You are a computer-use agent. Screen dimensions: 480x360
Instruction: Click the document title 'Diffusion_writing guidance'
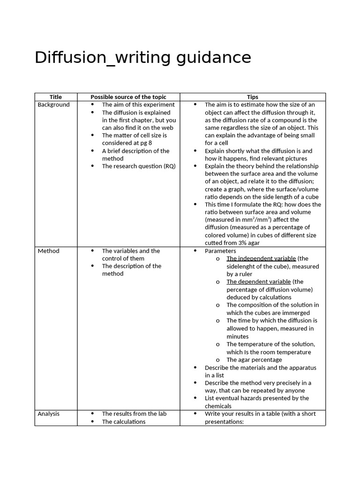pos(143,58)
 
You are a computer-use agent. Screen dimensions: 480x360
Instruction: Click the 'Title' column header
pos(56,97)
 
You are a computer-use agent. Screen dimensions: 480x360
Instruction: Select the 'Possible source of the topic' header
pos(128,97)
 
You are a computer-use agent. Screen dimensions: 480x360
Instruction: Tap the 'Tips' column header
pos(253,97)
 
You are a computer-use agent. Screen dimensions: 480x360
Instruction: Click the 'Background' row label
pos(53,105)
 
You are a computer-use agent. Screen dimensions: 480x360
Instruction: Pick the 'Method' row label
pos(49,251)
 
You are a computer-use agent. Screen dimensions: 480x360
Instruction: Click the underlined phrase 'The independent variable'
pos(261,258)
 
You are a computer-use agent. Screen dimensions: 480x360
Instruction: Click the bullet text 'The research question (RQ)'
pos(139,166)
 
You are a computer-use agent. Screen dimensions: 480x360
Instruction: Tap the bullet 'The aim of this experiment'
pos(138,105)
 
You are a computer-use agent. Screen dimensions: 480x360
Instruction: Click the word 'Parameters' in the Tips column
pos(220,251)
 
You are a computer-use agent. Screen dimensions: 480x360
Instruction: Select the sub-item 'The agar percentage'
pos(254,360)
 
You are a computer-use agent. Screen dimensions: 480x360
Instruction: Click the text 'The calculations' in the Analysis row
pos(124,421)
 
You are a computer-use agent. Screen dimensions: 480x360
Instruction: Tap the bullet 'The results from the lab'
pos(134,413)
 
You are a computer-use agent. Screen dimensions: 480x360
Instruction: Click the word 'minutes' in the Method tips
pos(238,336)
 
